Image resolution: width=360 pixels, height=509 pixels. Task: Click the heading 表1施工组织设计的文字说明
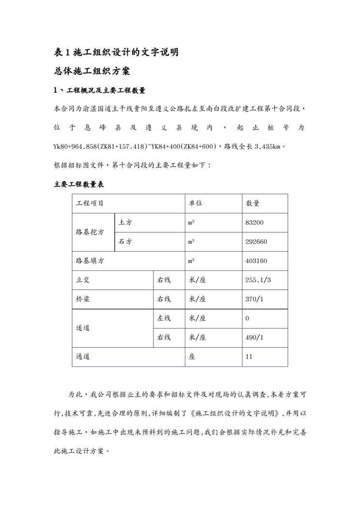coord(117,52)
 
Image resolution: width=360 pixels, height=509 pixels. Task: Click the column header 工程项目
coord(90,204)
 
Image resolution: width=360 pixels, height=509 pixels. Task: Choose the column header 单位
coord(195,204)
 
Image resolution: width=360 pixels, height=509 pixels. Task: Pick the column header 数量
coord(253,204)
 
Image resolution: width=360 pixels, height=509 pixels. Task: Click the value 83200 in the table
coord(255,223)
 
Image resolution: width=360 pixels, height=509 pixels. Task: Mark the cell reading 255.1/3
coord(258,280)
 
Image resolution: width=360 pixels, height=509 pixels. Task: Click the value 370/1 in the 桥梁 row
coord(255,299)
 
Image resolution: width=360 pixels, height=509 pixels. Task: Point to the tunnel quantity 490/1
coord(255,338)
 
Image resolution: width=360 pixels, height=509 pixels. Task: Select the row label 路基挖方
coord(90,232)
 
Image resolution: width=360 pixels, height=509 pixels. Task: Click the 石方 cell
coord(125,242)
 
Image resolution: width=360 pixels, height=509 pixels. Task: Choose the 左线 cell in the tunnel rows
coord(164,318)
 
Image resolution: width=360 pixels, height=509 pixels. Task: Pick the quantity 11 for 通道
coord(249,357)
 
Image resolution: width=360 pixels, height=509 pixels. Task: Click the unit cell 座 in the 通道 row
coord(192,357)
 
